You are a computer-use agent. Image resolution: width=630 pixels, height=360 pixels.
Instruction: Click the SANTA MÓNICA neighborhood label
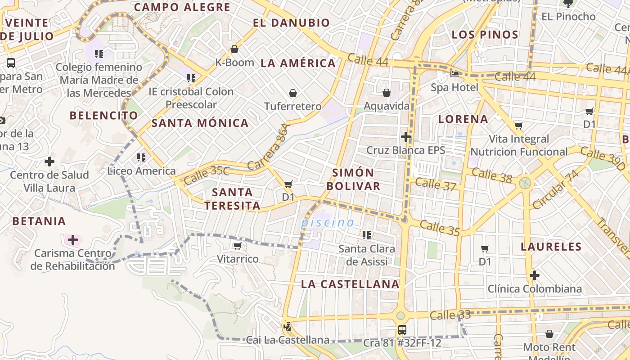(x=200, y=123)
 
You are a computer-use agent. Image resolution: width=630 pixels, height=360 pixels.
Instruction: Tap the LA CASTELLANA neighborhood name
(x=350, y=284)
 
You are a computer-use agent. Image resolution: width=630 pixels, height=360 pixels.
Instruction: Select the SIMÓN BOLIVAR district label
(x=353, y=179)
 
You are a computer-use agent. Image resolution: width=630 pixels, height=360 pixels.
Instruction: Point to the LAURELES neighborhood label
(x=551, y=247)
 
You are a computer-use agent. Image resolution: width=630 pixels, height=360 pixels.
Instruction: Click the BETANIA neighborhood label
(x=39, y=221)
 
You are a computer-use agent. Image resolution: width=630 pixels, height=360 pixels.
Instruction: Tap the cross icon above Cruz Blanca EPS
(x=406, y=136)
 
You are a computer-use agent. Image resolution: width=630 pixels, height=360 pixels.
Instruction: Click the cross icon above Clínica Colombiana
(x=535, y=275)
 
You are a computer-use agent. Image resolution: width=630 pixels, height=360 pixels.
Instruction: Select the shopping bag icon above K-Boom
(x=234, y=49)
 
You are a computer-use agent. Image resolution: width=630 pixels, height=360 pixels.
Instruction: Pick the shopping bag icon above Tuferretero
(x=293, y=93)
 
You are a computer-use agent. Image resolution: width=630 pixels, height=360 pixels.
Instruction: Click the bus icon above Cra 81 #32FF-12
(x=402, y=329)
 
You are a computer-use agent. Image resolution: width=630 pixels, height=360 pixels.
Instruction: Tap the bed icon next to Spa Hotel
(x=454, y=74)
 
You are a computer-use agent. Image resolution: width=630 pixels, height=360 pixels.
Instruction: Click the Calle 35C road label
(x=207, y=175)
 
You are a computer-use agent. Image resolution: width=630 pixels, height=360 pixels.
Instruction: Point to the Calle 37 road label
(x=436, y=184)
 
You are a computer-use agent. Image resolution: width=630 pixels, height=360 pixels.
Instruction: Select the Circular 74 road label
(x=555, y=189)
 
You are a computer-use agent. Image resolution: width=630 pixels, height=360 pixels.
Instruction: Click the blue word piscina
(x=328, y=222)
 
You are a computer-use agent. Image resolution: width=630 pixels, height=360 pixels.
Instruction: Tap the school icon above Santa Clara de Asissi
(x=367, y=235)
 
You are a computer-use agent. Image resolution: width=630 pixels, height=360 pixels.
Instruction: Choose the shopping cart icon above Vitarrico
(x=237, y=246)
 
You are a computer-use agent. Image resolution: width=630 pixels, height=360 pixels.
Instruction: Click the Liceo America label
(x=142, y=171)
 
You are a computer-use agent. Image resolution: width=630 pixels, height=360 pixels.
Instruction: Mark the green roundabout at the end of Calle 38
(x=525, y=183)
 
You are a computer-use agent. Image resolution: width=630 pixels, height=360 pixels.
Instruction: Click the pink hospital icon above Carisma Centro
(x=72, y=239)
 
